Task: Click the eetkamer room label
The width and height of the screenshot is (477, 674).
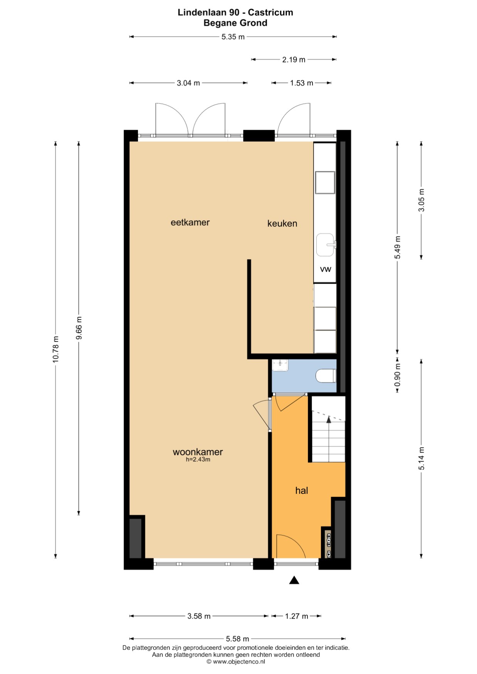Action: pyautogui.click(x=190, y=222)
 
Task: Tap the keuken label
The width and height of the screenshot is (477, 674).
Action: pyautogui.click(x=282, y=223)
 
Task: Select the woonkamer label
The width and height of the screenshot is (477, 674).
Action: pyautogui.click(x=198, y=452)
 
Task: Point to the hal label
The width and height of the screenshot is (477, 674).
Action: pyautogui.click(x=301, y=490)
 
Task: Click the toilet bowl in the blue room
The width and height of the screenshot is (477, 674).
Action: pyautogui.click(x=326, y=376)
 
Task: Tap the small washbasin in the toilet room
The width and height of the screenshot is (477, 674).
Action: pyautogui.click(x=280, y=365)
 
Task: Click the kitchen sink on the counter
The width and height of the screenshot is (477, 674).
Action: pyautogui.click(x=326, y=245)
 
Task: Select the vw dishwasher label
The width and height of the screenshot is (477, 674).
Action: pyautogui.click(x=326, y=269)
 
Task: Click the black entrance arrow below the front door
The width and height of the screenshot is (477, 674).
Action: pyautogui.click(x=294, y=580)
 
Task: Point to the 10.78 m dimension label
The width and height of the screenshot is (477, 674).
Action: pyautogui.click(x=56, y=349)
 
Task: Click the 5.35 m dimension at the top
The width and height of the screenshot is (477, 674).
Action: pyautogui.click(x=233, y=37)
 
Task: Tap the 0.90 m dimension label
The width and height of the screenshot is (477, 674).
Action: pyautogui.click(x=398, y=375)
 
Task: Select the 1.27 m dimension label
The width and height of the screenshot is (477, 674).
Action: pyautogui.click(x=297, y=616)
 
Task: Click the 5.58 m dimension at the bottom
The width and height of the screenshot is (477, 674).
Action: pyautogui.click(x=237, y=639)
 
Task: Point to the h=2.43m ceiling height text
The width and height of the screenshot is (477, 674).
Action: pyautogui.click(x=198, y=459)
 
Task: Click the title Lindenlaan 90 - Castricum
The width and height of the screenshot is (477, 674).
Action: pyautogui.click(x=235, y=12)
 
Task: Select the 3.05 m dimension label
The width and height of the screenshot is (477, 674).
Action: pyautogui.click(x=422, y=200)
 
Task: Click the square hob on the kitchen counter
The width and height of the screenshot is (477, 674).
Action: pyautogui.click(x=325, y=183)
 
